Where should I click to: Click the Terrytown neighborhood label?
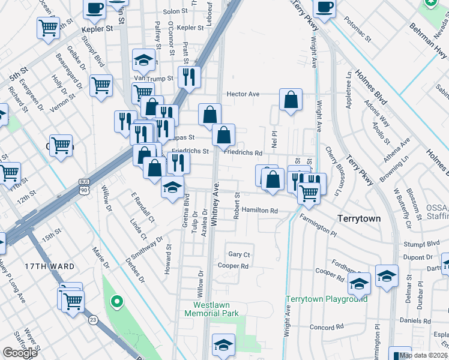tap(359, 219)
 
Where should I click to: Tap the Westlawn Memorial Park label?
tap(211, 309)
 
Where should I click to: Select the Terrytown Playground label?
tap(326, 299)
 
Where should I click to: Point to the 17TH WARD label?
tap(53, 266)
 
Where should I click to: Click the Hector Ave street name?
tap(243, 94)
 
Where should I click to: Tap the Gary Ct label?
tap(239, 254)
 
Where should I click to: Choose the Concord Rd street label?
tap(327, 328)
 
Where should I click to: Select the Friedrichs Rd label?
tap(243, 153)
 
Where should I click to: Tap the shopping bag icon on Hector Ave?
tap(291, 101)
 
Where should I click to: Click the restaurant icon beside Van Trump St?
tap(188, 76)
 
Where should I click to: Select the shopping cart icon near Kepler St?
tap(49, 28)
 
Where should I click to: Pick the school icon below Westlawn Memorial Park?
tap(223, 346)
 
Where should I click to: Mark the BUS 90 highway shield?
tap(83, 185)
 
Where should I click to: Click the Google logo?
tap(20, 353)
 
